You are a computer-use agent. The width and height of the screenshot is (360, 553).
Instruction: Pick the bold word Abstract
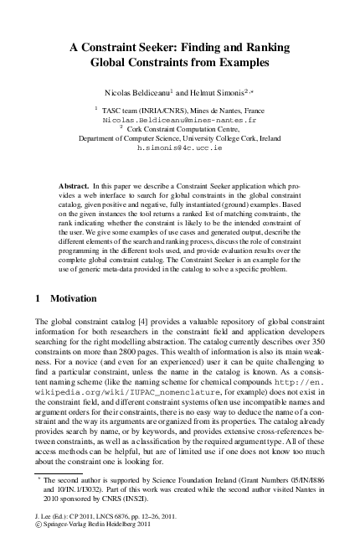pyautogui.click(x=78, y=183)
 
